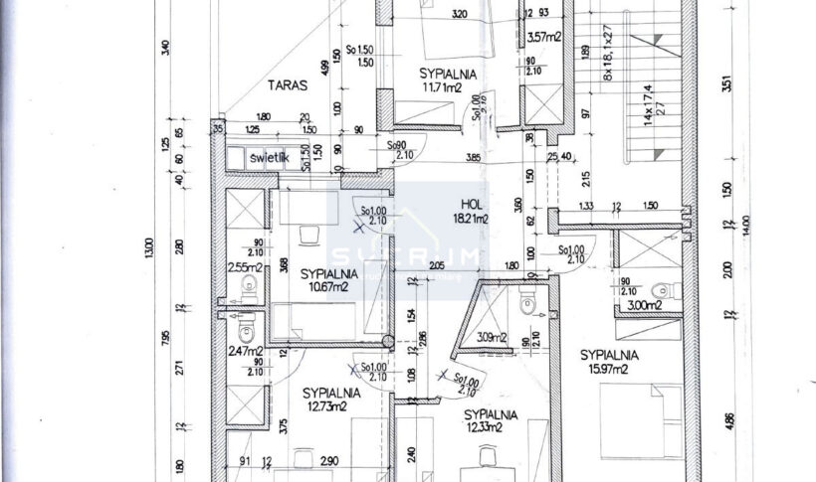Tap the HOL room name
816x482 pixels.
coord(471,203)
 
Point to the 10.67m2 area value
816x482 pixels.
coord(326,287)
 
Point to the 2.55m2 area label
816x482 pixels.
coord(244,266)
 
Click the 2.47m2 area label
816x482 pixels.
coord(244,350)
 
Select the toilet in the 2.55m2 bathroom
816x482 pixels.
coord(249,286)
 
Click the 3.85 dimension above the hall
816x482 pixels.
coord(472,156)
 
